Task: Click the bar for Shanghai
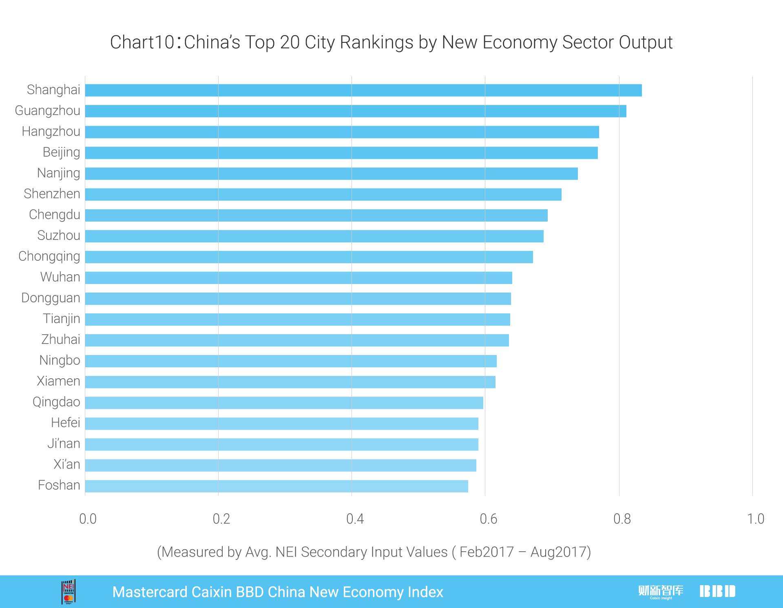(363, 90)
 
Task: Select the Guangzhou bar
(355, 111)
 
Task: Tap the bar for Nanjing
(331, 173)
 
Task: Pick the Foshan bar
(276, 486)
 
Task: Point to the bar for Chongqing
(309, 257)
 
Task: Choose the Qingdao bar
(284, 403)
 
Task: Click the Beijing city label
(61, 152)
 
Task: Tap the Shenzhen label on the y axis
(52, 194)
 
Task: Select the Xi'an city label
(67, 464)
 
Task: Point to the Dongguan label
(51, 298)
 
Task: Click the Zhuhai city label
(61, 340)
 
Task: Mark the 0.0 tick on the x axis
(88, 519)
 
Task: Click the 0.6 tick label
(488, 519)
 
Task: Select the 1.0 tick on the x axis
(755, 519)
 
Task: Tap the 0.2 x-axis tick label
(221, 519)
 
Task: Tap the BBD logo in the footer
(717, 591)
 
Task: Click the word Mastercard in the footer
(150, 592)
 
